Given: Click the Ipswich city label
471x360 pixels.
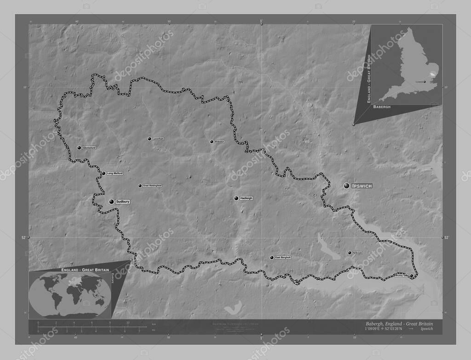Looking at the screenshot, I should pos(362,186).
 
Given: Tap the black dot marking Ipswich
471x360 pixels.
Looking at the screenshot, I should pos(346,185).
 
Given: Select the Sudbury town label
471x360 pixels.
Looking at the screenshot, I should pos(123,202).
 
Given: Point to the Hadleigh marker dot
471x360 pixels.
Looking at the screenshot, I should pos(236,198).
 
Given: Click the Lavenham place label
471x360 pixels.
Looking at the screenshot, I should pos(158,138).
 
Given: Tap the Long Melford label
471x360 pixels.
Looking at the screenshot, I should pos(115,173).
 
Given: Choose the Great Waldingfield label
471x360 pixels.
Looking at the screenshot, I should pos(152,186).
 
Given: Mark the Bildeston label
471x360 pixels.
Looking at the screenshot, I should pos(219,142).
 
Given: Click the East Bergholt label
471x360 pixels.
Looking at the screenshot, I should pos(283,257).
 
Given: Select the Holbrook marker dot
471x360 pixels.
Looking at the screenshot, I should pos(349,252).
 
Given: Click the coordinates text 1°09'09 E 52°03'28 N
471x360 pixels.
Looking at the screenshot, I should pos(380,329).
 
